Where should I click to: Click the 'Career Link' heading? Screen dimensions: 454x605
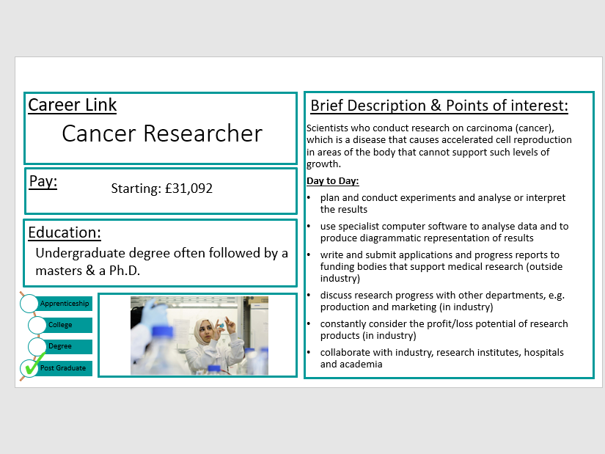[x=72, y=105]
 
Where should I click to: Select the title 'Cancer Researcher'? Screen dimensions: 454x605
[x=161, y=133]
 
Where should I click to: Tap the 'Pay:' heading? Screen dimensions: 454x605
[x=43, y=181]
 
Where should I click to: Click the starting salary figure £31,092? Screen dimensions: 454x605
[x=188, y=188]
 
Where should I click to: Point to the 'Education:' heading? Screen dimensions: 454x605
[x=65, y=233]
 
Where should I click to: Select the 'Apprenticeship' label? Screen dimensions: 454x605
[x=65, y=304]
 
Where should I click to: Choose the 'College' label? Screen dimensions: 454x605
[x=60, y=325]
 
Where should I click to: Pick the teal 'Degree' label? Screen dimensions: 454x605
[x=60, y=346]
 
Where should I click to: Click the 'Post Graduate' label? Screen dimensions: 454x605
[x=63, y=368]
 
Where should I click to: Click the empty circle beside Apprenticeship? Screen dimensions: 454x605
[x=29, y=303]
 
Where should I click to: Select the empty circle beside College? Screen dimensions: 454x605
[x=37, y=325]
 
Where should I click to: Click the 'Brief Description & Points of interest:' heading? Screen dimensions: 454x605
[x=439, y=106]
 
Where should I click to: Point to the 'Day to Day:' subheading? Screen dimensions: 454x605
[x=332, y=180]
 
